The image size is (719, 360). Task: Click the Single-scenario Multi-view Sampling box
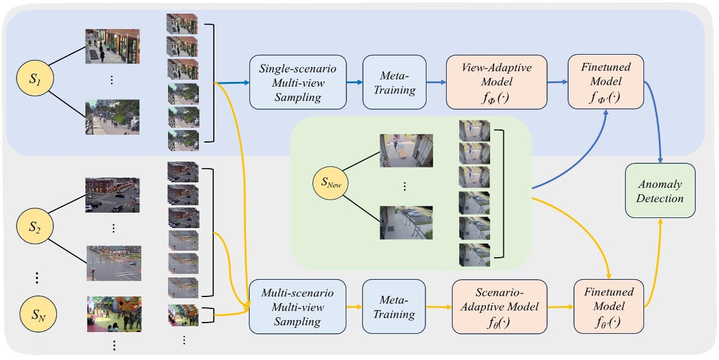(x=297, y=82)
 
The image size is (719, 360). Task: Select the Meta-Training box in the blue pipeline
(x=394, y=82)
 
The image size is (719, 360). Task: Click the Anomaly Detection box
(x=660, y=191)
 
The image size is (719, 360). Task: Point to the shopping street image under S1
(x=112, y=46)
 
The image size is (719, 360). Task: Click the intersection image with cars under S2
(x=112, y=195)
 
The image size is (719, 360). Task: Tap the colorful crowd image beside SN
(x=114, y=314)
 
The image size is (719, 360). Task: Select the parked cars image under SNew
(x=406, y=222)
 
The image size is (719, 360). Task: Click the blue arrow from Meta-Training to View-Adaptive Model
(x=436, y=83)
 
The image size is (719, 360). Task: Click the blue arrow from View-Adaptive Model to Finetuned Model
(x=557, y=83)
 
